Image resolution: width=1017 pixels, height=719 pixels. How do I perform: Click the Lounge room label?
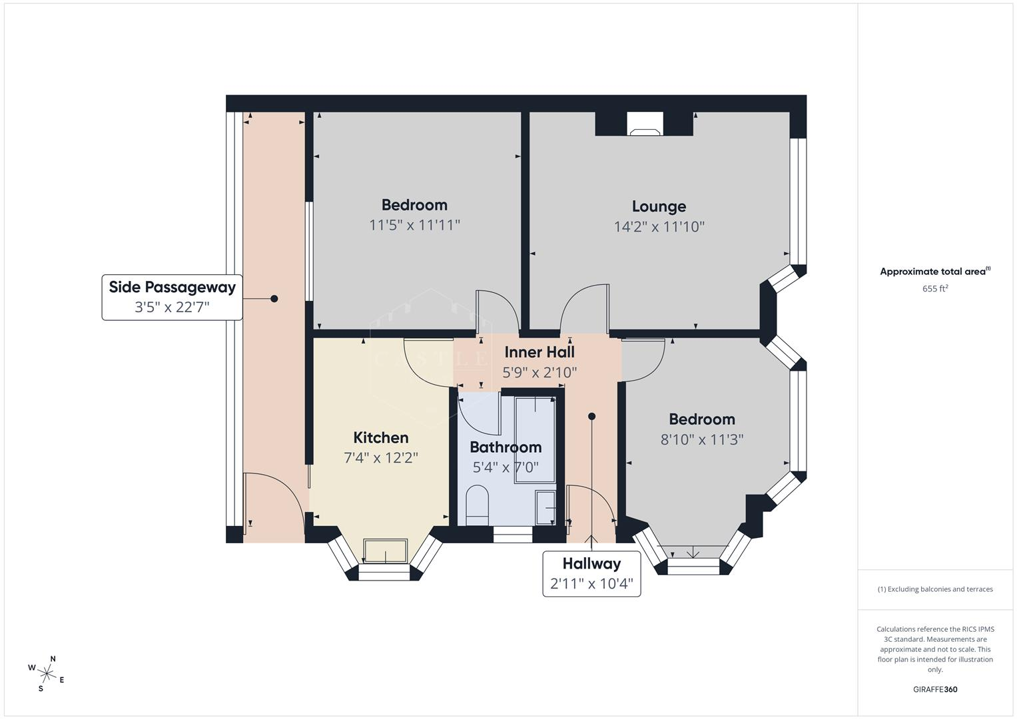659,206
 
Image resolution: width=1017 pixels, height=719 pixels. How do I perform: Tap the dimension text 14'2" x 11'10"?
659,226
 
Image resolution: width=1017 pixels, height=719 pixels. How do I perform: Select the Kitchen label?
381,437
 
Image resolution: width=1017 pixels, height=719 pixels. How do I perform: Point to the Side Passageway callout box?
172,298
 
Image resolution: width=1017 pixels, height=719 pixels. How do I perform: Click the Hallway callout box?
591,573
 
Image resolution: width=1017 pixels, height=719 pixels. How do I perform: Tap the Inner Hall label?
539,352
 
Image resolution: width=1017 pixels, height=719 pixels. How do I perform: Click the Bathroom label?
506,447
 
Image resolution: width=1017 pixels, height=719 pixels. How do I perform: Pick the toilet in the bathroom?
477,505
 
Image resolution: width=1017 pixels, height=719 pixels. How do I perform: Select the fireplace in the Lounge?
645,124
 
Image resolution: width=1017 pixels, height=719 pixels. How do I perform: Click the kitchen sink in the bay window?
385,551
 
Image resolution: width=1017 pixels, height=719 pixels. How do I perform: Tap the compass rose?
47,674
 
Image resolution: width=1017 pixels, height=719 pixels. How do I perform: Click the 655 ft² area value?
935,288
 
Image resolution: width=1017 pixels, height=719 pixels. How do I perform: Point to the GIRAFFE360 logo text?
935,689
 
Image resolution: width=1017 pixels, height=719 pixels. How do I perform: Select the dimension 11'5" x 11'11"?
414,225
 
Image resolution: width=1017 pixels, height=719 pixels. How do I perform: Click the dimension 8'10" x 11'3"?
702,439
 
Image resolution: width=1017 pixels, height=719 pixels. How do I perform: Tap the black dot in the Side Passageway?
274,299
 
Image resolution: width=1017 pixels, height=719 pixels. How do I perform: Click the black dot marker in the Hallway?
591,416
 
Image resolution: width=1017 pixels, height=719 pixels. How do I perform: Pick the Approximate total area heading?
935,271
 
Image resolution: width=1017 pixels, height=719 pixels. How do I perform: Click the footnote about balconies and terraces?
935,589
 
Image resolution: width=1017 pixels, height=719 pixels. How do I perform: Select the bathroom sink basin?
545,507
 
